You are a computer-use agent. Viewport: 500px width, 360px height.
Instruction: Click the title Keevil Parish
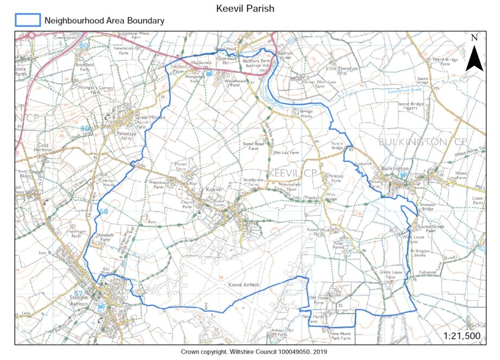[x=245, y=9]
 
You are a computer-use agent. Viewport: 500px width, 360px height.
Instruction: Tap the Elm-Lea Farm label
[x=286, y=153]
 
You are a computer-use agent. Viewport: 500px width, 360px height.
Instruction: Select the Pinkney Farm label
[x=336, y=178]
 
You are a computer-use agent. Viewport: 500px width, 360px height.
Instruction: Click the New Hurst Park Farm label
[x=341, y=336]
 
